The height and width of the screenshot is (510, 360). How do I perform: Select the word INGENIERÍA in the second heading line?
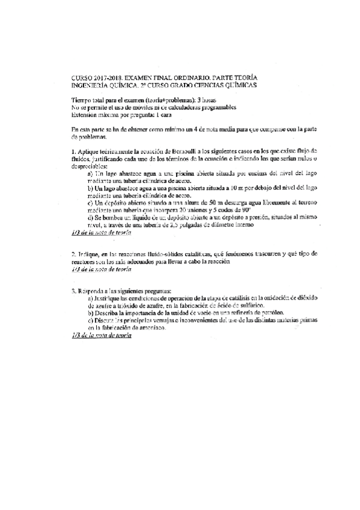[x=92, y=85]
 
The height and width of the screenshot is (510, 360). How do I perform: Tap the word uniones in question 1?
[x=213, y=210]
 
